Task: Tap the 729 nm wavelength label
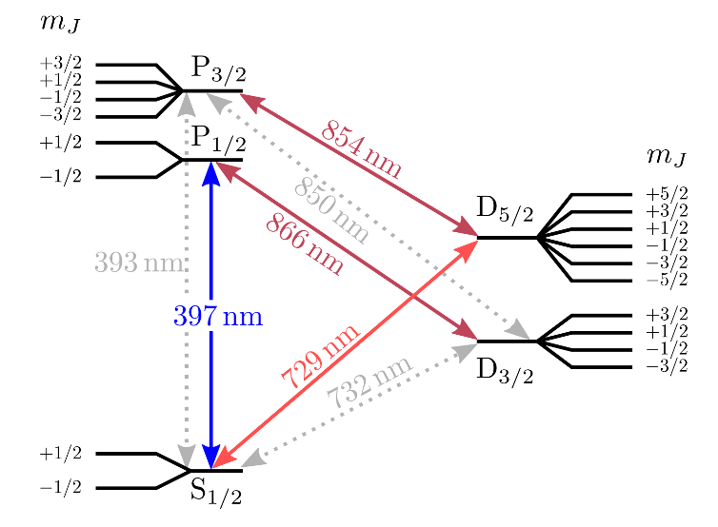(x=321, y=354)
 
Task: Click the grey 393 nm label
(x=139, y=263)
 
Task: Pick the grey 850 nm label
(x=331, y=209)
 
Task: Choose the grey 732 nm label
(x=370, y=382)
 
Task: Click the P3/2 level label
(x=219, y=69)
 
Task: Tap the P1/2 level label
(x=219, y=138)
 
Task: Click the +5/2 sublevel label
(x=667, y=195)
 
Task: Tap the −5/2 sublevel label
(x=667, y=281)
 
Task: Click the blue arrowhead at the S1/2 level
(x=210, y=457)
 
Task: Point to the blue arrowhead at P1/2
(x=210, y=174)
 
